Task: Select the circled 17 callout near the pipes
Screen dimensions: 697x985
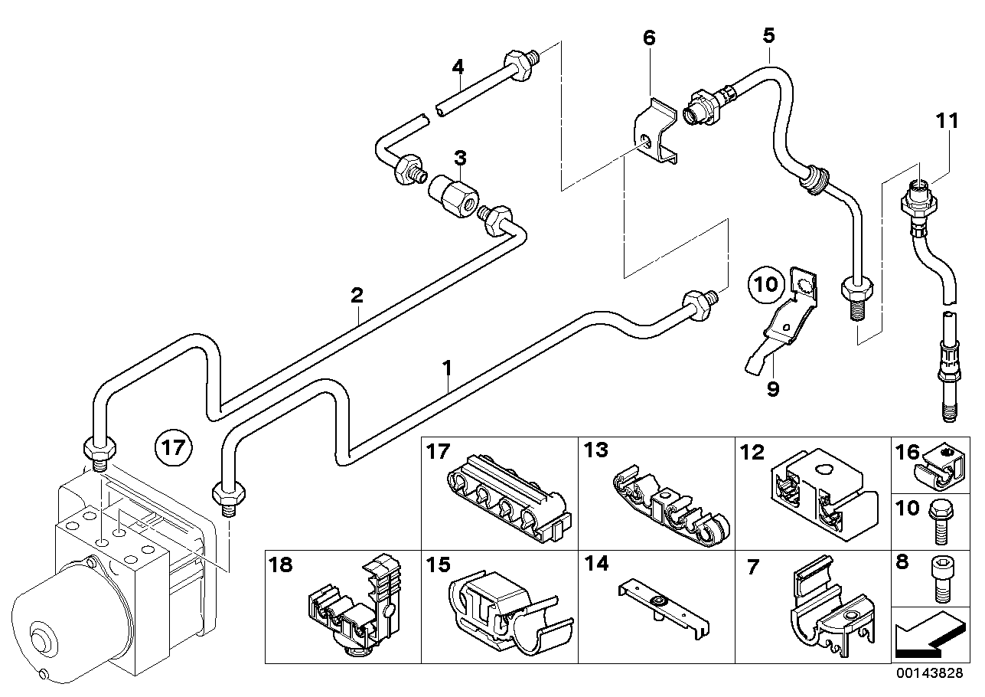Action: coord(173,445)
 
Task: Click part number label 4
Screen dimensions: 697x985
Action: coord(458,67)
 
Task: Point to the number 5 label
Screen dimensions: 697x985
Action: coord(768,34)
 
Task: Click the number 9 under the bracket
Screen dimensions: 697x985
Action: coord(773,389)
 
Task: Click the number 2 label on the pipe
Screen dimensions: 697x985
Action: coord(357,295)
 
